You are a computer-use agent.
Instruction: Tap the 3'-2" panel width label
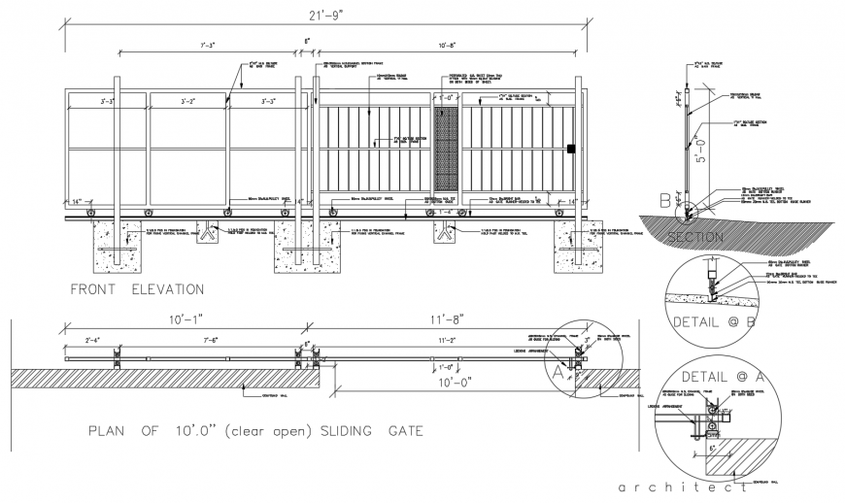click(x=190, y=100)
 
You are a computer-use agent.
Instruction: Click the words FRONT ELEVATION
click(x=137, y=289)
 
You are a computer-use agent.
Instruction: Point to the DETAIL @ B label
click(x=716, y=320)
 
